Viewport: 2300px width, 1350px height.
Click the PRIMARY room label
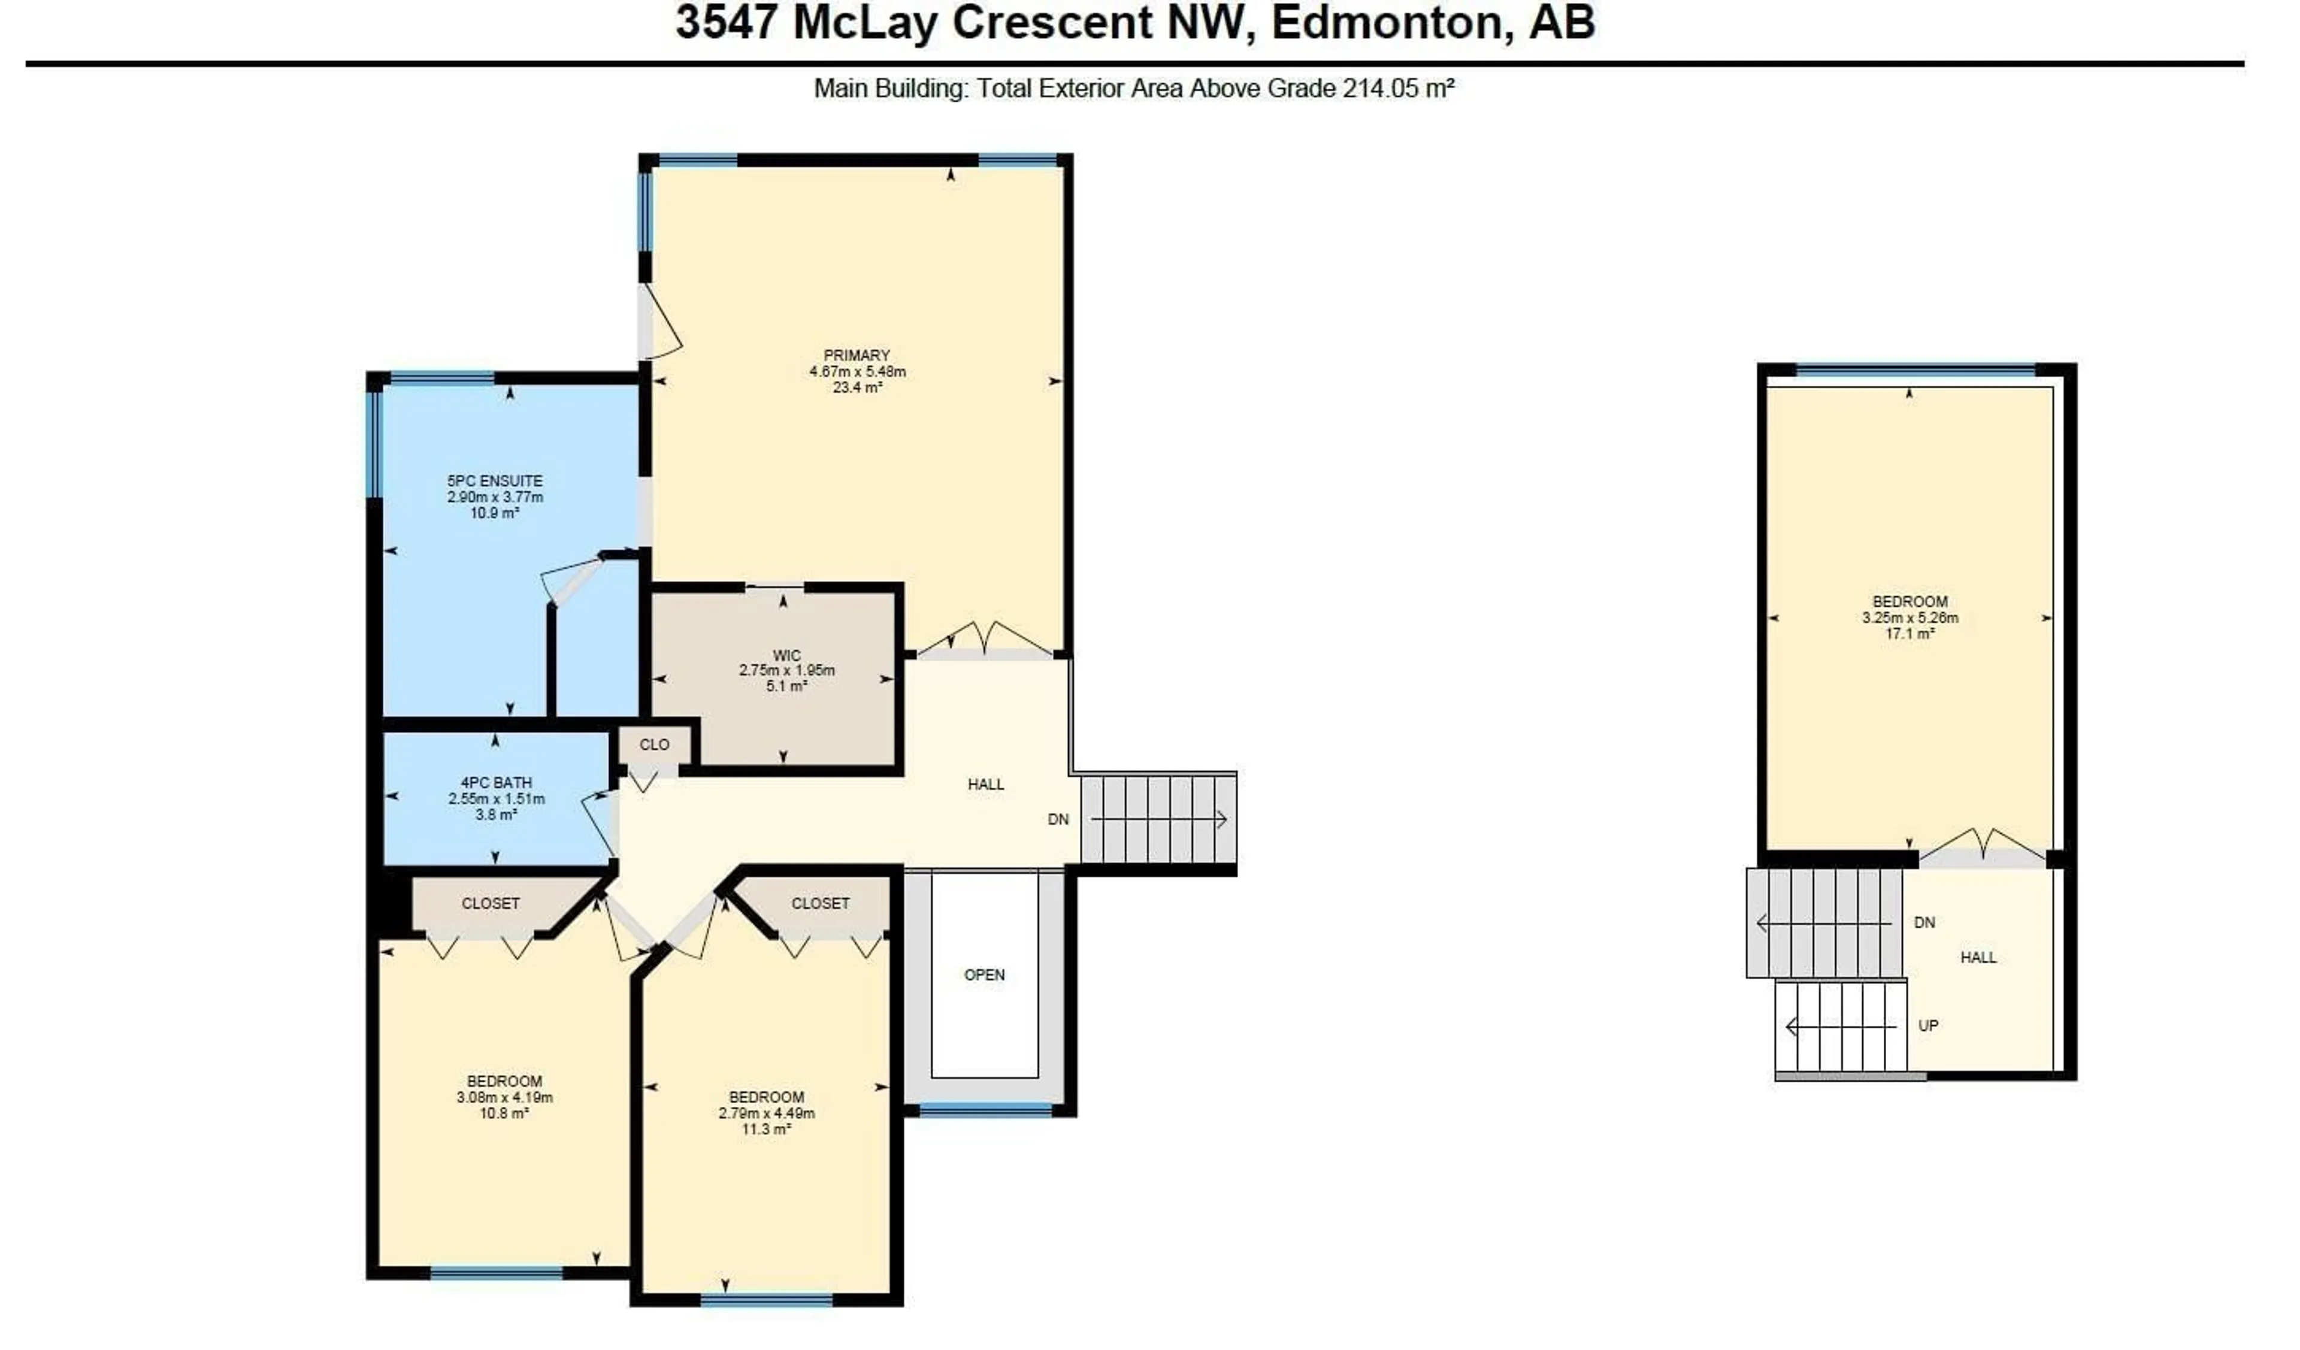point(856,355)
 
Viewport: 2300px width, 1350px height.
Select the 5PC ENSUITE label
point(495,481)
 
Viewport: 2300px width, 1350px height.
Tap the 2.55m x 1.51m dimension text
point(495,800)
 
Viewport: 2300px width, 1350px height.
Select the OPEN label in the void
point(984,975)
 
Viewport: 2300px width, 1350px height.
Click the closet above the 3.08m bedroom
point(490,904)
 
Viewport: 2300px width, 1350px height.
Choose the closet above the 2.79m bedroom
point(819,904)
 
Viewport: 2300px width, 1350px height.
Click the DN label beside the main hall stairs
point(1058,820)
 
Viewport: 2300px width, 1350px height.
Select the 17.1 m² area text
point(1909,634)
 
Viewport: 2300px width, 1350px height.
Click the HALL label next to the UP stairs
point(1978,958)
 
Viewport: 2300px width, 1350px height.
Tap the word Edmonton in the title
point(1385,23)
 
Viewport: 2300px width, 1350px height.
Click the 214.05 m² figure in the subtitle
point(1398,89)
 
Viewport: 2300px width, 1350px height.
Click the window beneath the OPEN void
point(985,1110)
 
